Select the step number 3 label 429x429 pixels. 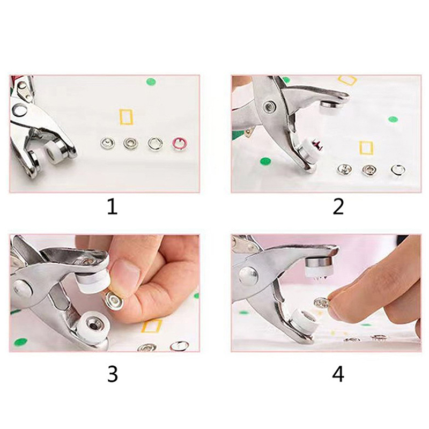112,374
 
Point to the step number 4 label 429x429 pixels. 338,374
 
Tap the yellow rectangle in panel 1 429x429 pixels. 126,116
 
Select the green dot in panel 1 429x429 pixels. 151,82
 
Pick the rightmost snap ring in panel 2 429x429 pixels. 397,170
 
